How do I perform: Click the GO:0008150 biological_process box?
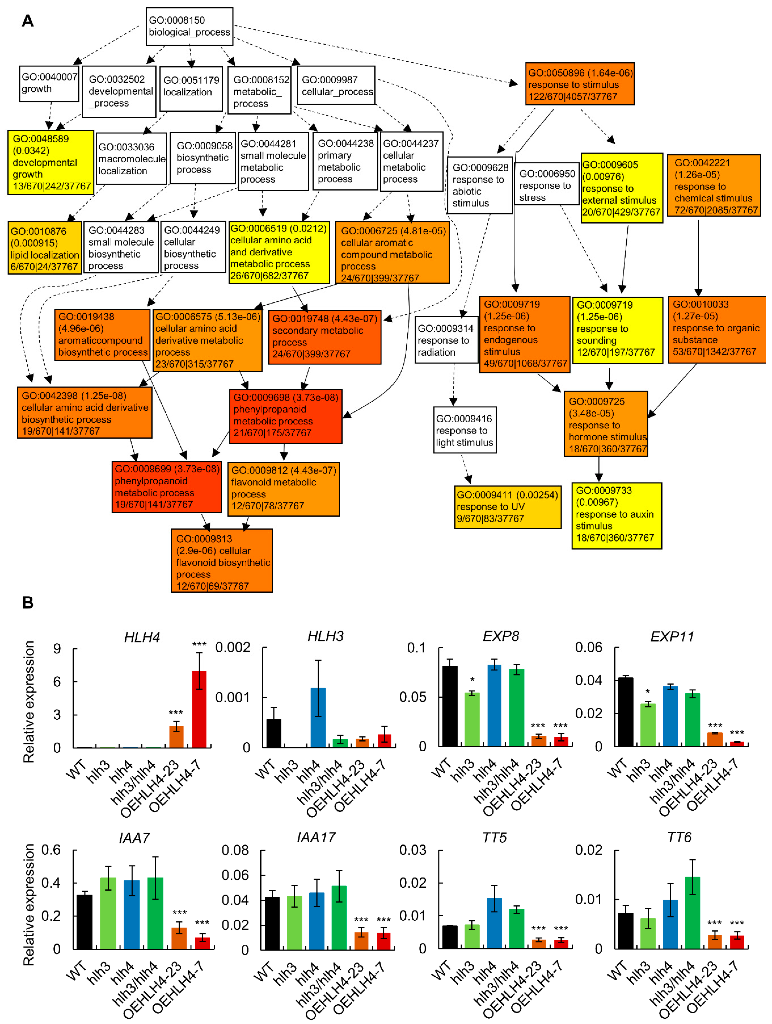pyautogui.click(x=189, y=26)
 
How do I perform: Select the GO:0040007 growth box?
pyautogui.click(x=49, y=83)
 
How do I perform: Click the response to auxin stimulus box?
pyautogui.click(x=616, y=515)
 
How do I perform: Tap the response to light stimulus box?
pyautogui.click(x=464, y=430)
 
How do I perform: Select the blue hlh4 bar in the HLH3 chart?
pyautogui.click(x=318, y=717)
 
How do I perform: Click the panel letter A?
pyautogui.click(x=28, y=21)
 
